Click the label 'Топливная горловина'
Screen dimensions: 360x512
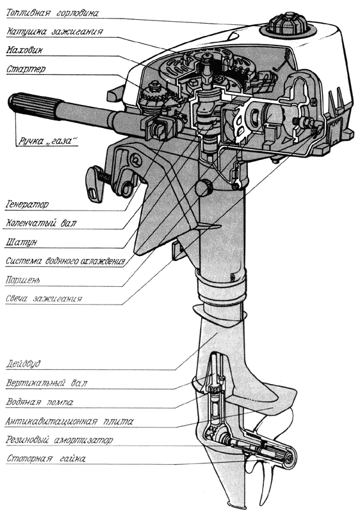[53, 13]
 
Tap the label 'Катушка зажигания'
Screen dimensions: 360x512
[55, 31]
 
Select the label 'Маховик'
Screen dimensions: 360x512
[24, 51]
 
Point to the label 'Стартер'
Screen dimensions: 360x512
[26, 69]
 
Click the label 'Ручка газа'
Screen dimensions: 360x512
[47, 141]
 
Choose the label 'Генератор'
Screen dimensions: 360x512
[27, 205]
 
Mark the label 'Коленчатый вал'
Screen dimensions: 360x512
[41, 223]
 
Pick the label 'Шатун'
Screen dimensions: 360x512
[21, 243]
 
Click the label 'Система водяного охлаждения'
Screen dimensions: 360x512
[65, 261]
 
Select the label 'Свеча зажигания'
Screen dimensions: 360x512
[44, 299]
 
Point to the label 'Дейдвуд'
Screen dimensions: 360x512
[23, 364]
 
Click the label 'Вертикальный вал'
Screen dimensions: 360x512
[47, 383]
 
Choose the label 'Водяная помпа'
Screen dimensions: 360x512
[39, 402]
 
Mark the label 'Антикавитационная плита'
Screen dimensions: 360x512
[69, 421]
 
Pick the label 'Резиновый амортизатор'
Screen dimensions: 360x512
[59, 440]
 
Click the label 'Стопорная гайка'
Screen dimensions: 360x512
[46, 459]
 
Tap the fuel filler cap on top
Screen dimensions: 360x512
[288, 24]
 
